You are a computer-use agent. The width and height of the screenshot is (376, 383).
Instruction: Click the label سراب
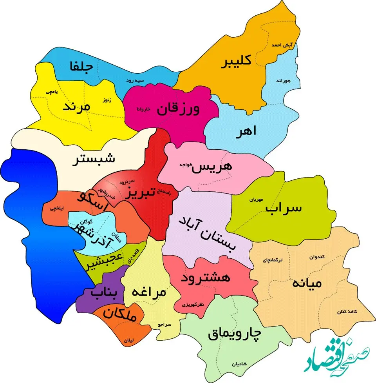pos(284,208)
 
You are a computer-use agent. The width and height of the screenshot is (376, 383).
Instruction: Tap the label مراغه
pos(149,292)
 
